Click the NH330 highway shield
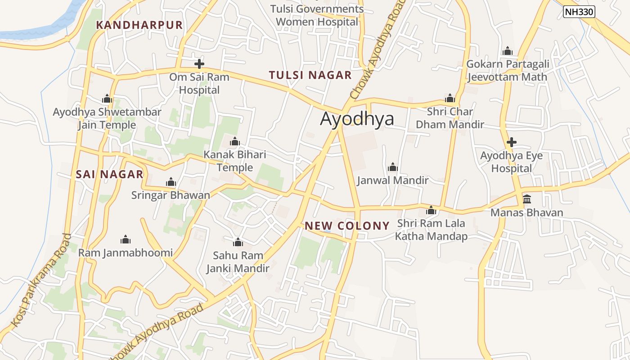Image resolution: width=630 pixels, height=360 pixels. click(579, 12)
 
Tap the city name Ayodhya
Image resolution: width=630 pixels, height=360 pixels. click(357, 119)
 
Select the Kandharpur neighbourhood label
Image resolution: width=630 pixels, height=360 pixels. click(139, 25)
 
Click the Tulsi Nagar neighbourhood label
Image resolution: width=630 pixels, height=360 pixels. click(310, 75)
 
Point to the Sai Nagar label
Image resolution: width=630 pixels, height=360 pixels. click(109, 174)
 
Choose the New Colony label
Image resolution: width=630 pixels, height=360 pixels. click(347, 226)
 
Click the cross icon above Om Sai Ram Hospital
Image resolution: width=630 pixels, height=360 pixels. click(199, 64)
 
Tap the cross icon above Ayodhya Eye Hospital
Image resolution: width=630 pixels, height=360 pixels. click(511, 143)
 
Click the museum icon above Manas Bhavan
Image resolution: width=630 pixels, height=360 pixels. click(526, 199)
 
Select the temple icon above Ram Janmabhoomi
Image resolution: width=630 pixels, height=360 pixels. click(126, 239)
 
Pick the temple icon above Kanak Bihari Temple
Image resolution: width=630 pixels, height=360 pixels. click(234, 142)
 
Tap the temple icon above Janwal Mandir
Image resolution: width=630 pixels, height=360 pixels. click(393, 167)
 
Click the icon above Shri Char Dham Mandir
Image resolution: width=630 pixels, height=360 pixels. click(450, 99)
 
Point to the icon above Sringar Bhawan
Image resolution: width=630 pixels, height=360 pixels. click(171, 182)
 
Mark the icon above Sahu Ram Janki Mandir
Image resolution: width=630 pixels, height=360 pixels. click(238, 243)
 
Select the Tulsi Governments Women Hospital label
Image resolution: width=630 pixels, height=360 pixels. click(317, 15)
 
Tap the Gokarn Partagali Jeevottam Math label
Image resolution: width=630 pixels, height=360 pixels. click(507, 71)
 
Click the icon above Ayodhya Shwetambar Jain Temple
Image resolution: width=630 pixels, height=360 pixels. click(107, 99)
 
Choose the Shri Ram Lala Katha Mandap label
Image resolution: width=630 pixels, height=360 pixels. click(431, 229)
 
